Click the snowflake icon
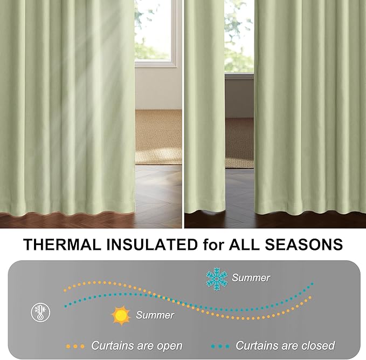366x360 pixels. pos(217,278)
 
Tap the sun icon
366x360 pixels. pos(121,315)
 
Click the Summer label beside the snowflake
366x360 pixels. pos(251,278)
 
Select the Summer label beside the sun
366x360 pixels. pos(155,315)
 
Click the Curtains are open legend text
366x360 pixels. pos(136,345)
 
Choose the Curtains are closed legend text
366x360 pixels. pos(285,345)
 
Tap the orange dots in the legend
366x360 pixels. pos(75,346)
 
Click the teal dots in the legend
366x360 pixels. pos(219,346)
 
